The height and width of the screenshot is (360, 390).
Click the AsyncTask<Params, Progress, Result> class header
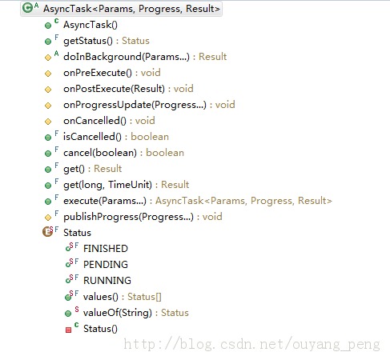coord(131,9)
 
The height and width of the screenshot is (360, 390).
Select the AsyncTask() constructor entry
coord(90,25)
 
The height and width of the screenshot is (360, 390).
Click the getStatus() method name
coord(88,41)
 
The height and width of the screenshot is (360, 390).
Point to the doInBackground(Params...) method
coord(127,57)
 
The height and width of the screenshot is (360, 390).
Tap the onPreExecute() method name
coord(98,73)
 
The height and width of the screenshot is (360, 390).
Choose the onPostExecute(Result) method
coord(115,89)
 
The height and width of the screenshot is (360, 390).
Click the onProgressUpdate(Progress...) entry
coord(135,105)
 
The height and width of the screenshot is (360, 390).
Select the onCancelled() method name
coord(94,121)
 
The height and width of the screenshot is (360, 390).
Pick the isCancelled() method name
coord(92,137)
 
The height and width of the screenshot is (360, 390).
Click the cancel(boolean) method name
coord(100,153)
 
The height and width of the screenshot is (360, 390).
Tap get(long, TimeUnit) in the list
coord(107,185)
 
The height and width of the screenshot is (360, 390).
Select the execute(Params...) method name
coord(105,201)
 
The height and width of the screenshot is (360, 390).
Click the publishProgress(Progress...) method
coord(128,217)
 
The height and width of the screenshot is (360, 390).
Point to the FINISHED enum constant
coord(106,249)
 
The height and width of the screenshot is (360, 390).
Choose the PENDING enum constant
coord(106,265)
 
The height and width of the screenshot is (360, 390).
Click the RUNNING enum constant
coord(107,281)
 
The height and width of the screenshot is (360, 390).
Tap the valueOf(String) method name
coord(118,313)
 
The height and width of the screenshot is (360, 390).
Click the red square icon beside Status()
coord(68,330)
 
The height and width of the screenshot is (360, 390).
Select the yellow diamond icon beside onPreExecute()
coord(48,74)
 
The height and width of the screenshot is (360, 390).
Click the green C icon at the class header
coord(27,8)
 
